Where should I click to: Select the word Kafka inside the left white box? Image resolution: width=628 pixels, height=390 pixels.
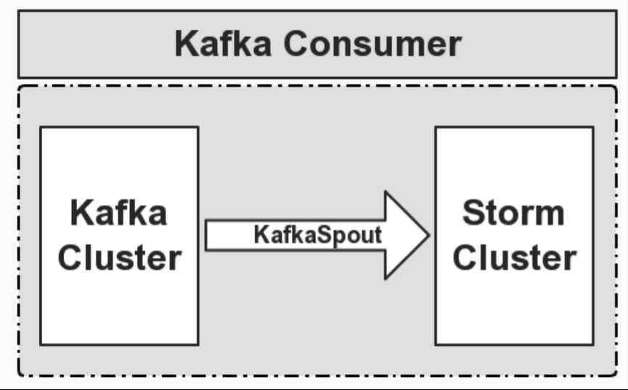tap(119, 214)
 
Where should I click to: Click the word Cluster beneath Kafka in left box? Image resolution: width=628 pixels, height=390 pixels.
tap(119, 258)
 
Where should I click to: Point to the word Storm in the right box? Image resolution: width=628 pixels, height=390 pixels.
tap(513, 213)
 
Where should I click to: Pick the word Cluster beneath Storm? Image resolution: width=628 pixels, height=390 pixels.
tap(515, 258)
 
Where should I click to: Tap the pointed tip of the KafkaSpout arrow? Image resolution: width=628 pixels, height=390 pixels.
tap(429, 235)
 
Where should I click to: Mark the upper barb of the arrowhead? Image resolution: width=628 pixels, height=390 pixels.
tap(386, 193)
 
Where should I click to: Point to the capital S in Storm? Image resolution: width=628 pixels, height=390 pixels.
tap(474, 213)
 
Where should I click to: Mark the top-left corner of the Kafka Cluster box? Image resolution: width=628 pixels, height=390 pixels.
tap(41, 128)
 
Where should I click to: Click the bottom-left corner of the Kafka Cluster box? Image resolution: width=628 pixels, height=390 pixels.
tap(41, 344)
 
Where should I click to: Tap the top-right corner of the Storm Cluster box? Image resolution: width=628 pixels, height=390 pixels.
tap(592, 128)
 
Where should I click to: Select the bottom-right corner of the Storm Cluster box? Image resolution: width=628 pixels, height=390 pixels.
tap(592, 344)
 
